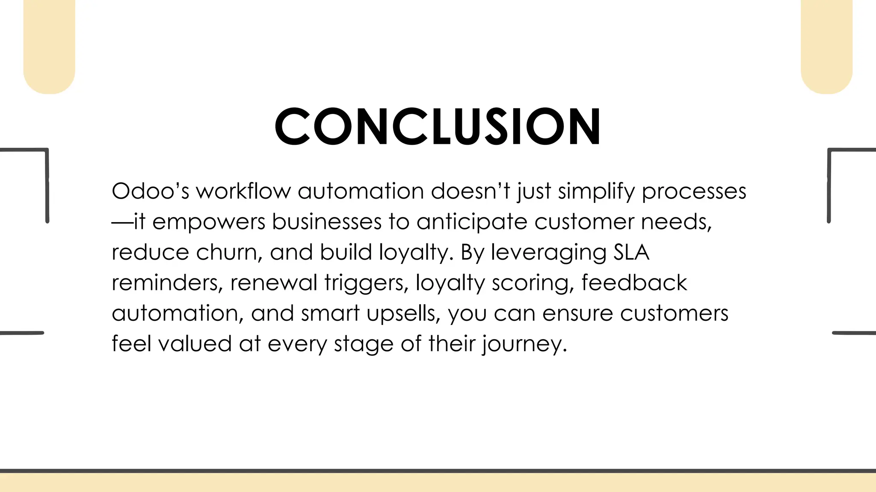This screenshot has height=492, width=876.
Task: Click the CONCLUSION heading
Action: [438, 126]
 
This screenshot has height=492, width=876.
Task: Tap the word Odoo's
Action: [150, 191]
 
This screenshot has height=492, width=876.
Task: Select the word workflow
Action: [243, 191]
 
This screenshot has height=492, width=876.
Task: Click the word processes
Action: [694, 192]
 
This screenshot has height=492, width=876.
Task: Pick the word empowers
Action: [209, 222]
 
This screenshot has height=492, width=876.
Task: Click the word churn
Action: [229, 252]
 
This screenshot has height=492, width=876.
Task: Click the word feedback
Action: [634, 283]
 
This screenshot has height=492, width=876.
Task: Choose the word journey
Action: [525, 344]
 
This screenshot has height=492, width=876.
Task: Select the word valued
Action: [195, 344]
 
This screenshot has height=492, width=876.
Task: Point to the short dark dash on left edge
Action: [21, 333]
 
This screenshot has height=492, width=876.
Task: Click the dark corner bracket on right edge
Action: [838, 171]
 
